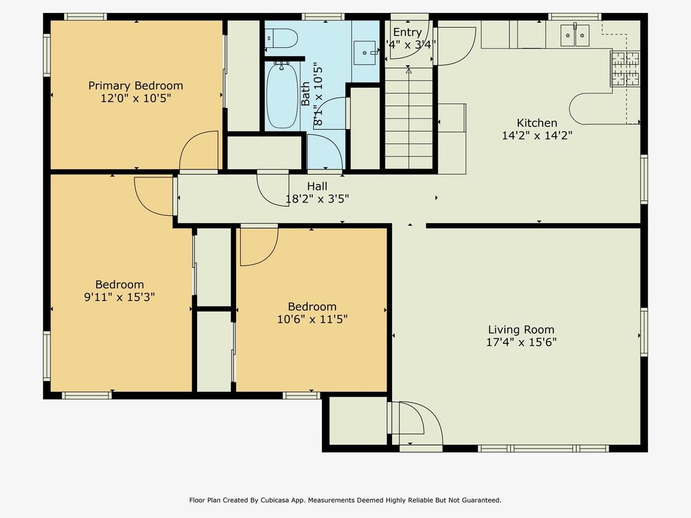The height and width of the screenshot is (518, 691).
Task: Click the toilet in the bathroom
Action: (281, 38)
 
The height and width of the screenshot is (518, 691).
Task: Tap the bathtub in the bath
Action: (282, 96)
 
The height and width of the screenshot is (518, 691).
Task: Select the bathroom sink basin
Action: (365, 53)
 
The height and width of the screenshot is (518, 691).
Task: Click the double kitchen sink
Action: (575, 35)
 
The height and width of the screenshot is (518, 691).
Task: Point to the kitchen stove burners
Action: (625, 68)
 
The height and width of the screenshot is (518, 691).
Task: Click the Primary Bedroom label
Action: (136, 86)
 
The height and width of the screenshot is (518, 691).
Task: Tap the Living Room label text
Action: (521, 329)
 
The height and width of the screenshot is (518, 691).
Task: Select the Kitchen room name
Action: (536, 123)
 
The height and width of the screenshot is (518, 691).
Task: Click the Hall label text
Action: (317, 186)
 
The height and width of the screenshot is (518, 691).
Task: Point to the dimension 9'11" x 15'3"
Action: (119, 297)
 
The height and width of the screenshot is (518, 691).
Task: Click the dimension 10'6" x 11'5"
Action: (312, 319)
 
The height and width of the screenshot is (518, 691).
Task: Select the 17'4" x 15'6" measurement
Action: (521, 342)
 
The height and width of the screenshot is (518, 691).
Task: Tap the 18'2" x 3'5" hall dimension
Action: (317, 199)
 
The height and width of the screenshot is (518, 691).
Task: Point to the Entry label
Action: (407, 32)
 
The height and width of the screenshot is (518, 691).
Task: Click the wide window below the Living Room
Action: (543, 449)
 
